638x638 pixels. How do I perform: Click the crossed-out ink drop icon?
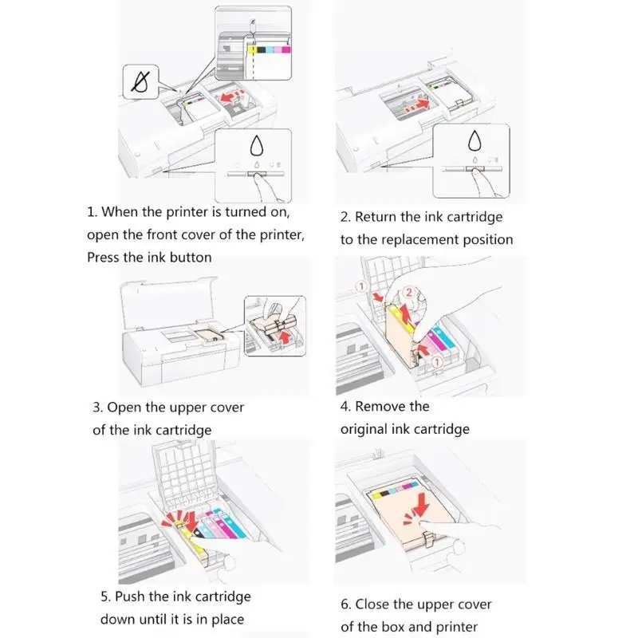[140, 82]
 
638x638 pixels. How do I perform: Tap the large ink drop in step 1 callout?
[256, 145]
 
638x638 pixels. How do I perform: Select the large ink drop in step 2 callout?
[475, 140]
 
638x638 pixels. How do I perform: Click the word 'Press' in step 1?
[104, 257]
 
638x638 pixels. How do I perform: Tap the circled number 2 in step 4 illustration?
[409, 292]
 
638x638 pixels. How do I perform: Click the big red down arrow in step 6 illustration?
[421, 505]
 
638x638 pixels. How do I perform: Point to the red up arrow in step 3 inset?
[286, 337]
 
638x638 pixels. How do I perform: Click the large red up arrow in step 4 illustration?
[405, 313]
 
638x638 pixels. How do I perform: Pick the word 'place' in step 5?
[228, 620]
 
